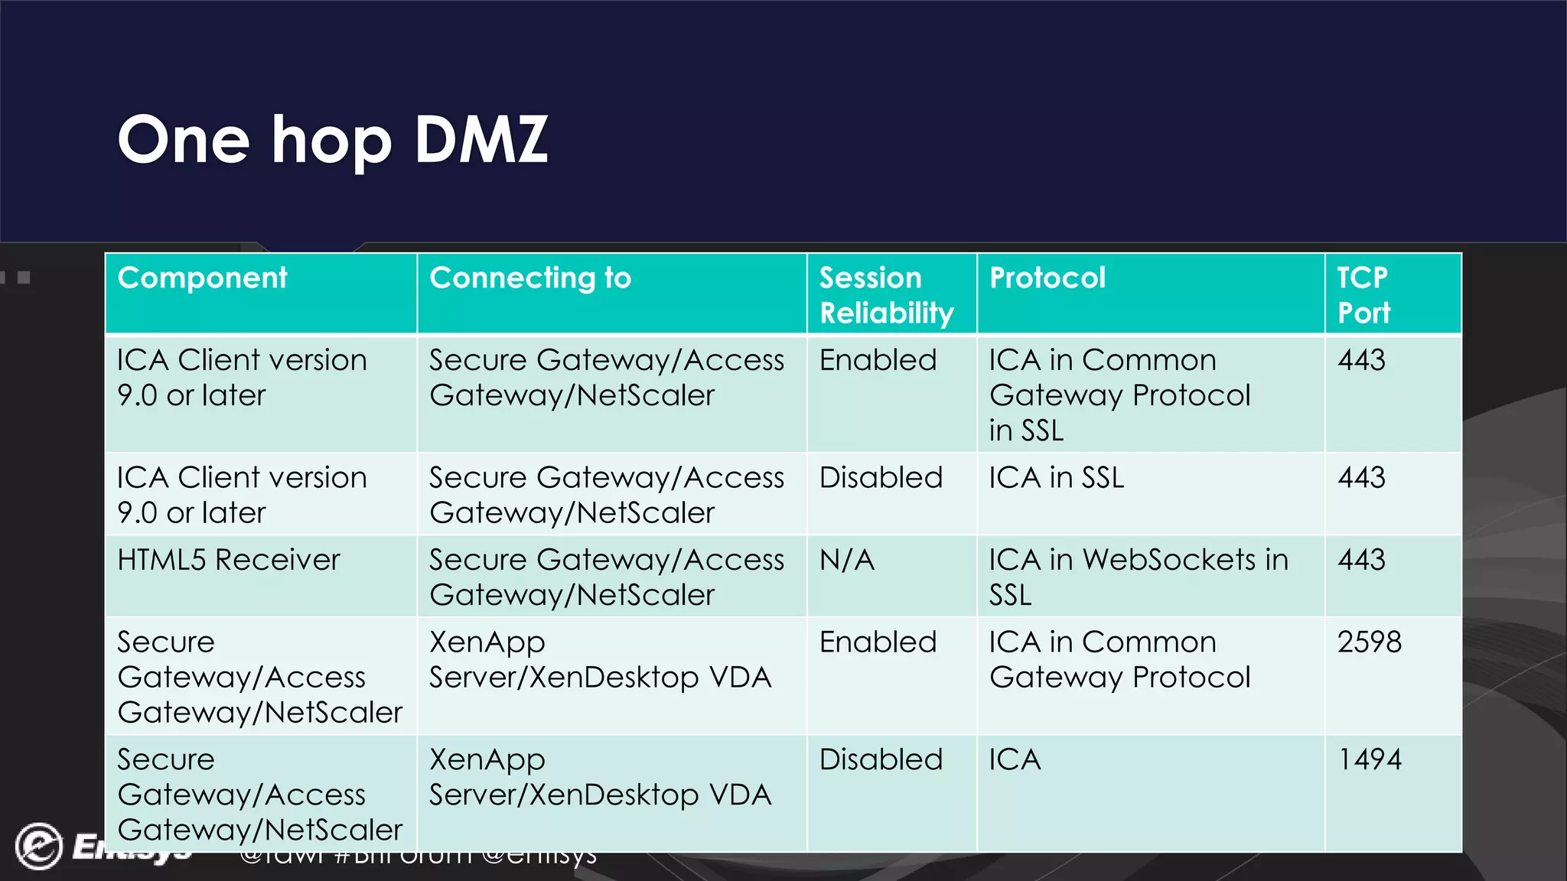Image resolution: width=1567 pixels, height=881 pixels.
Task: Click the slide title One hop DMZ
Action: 333,140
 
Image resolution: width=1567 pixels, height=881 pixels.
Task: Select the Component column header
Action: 203,278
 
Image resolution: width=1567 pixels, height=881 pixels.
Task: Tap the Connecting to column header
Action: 530,278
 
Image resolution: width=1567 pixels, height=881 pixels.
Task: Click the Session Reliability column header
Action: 886,295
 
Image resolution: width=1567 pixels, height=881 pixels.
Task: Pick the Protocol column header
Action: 1047,278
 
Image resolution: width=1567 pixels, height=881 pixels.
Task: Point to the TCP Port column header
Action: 1363,295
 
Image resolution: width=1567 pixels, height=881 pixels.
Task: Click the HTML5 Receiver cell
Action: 228,560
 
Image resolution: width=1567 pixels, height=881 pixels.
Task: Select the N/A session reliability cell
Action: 847,560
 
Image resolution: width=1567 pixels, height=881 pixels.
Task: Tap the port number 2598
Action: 1370,642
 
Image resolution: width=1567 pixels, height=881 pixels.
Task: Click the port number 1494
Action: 1370,759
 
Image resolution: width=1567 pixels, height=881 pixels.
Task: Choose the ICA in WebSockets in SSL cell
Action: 1138,577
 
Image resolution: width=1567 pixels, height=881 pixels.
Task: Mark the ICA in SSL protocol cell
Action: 1057,478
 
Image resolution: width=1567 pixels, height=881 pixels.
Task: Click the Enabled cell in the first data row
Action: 878,360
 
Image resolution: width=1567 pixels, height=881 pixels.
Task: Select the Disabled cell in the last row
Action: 881,759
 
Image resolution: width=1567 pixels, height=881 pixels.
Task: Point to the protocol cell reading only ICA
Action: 1015,759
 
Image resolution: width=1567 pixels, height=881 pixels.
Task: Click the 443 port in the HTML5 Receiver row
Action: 1361,560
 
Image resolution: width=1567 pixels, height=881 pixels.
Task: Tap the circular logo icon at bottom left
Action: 38,846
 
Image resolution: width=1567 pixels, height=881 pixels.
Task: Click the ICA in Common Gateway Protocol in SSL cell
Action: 1119,395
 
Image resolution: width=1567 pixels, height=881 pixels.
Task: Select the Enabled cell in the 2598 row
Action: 878,642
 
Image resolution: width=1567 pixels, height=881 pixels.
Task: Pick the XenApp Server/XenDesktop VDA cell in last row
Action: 600,777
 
